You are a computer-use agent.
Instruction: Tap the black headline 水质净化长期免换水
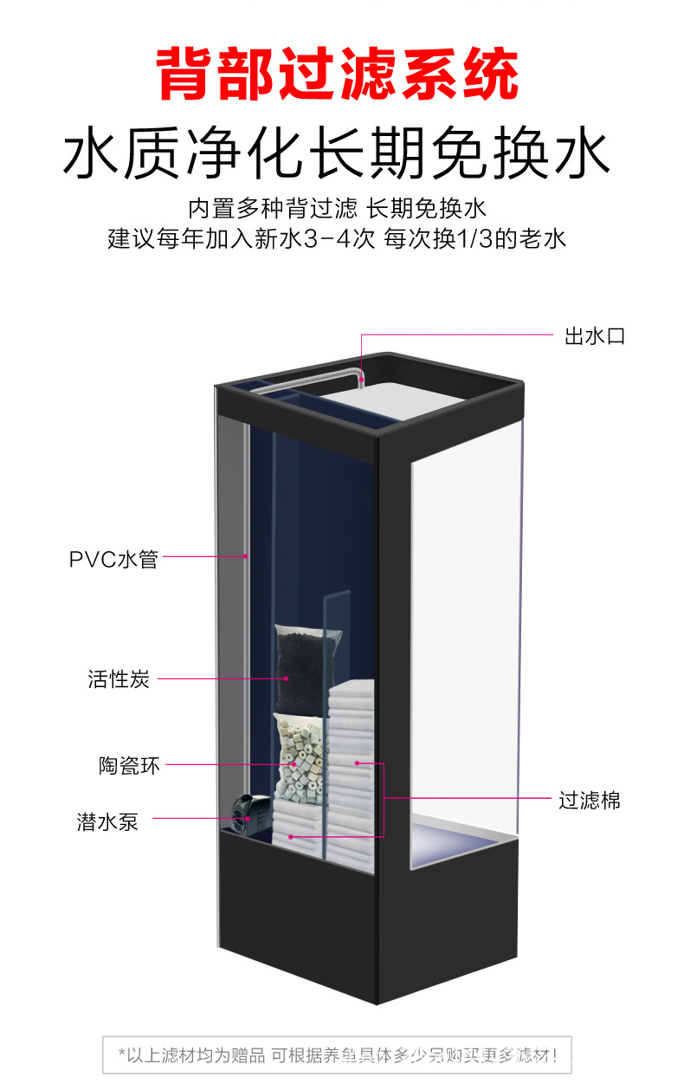[338, 153]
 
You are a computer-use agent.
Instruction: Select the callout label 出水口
[594, 336]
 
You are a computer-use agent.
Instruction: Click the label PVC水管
[113, 559]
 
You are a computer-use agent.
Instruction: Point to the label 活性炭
[119, 679]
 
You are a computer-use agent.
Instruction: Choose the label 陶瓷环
[129, 766]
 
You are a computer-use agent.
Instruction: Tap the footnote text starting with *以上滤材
[338, 1055]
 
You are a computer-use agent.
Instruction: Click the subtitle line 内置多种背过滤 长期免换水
[338, 208]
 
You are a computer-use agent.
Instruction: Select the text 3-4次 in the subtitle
[342, 238]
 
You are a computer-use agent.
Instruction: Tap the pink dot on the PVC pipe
[246, 556]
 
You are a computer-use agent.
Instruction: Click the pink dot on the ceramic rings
[294, 765]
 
